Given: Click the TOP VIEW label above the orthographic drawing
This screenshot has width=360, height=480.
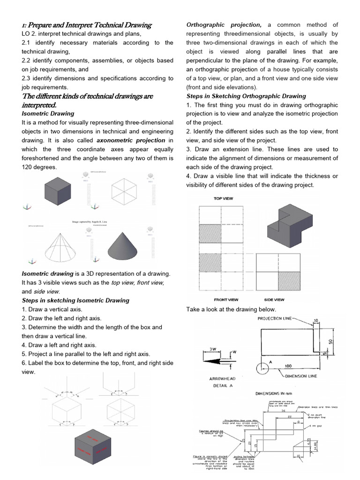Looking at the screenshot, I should [x=224, y=198].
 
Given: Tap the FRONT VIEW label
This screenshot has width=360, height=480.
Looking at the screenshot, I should [x=226, y=300].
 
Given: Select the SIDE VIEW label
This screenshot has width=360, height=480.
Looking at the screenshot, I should [x=274, y=300].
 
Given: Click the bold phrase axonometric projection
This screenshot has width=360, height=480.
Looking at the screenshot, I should [x=131, y=140].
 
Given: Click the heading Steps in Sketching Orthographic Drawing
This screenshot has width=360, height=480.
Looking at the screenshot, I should [x=246, y=96].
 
